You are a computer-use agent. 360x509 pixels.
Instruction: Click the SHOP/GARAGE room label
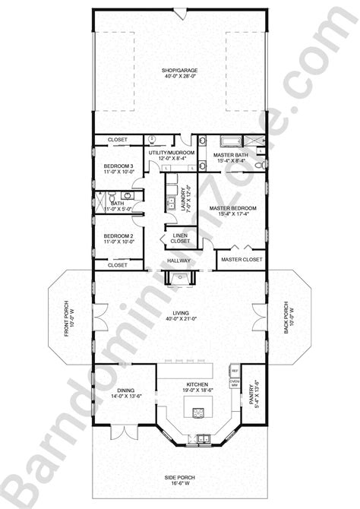(x=179, y=70)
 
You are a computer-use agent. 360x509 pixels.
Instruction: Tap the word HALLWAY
(x=179, y=261)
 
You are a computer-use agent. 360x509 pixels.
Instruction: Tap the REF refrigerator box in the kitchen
(x=235, y=371)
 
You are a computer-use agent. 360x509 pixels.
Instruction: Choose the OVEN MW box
(x=235, y=384)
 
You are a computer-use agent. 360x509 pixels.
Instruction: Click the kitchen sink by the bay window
(x=204, y=438)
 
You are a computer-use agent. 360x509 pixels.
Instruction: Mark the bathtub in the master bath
(x=229, y=141)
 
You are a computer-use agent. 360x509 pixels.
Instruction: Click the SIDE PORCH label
(x=179, y=479)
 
